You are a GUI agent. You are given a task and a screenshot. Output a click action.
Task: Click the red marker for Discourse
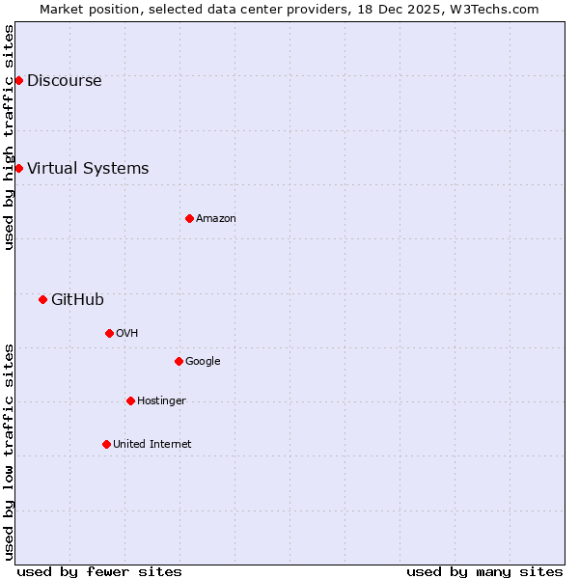pyautogui.click(x=18, y=80)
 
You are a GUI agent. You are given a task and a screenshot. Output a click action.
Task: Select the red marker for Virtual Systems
pyautogui.click(x=18, y=168)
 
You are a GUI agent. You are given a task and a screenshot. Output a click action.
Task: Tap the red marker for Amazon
pyautogui.click(x=189, y=218)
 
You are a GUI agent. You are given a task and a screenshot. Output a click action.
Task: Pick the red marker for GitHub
pyautogui.click(x=42, y=299)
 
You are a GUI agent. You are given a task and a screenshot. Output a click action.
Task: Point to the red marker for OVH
pyautogui.click(x=109, y=333)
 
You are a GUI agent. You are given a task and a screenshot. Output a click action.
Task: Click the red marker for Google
pyautogui.click(x=179, y=361)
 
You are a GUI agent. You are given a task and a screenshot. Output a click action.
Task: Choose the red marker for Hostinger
pyautogui.click(x=130, y=400)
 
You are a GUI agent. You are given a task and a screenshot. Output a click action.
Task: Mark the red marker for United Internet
pyautogui.click(x=106, y=444)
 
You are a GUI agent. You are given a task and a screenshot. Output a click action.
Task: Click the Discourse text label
pyautogui.click(x=64, y=80)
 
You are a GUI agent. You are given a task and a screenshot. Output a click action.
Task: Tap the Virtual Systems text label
pyautogui.click(x=88, y=168)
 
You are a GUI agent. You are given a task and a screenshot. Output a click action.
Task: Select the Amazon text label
pyautogui.click(x=216, y=218)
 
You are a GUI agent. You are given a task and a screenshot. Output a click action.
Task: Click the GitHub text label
pyautogui.click(x=77, y=299)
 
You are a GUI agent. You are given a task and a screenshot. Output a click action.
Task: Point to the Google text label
pyautogui.click(x=203, y=361)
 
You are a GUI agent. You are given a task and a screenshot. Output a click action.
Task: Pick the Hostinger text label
pyautogui.click(x=161, y=400)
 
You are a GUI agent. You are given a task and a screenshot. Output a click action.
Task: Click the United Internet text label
pyautogui.click(x=152, y=444)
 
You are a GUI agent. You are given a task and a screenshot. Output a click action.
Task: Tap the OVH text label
pyautogui.click(x=127, y=333)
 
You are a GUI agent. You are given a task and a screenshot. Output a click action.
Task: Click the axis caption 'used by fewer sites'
pyautogui.click(x=99, y=571)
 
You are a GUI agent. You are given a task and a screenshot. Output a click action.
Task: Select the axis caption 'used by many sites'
pyautogui.click(x=484, y=571)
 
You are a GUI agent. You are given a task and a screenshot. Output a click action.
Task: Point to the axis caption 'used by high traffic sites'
pyautogui.click(x=9, y=137)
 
